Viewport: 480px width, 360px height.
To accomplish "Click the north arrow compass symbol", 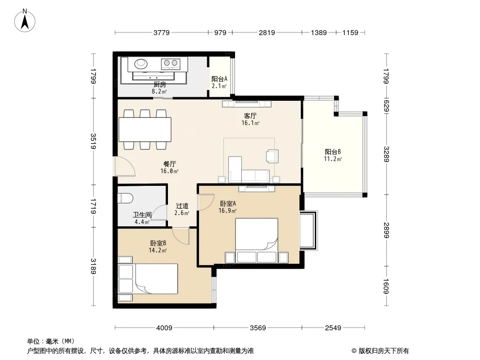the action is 25,21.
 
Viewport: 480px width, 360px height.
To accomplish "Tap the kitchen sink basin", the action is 141,63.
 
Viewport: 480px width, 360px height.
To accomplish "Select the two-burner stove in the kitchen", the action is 171,63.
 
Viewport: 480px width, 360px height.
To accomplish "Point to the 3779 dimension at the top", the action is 161,32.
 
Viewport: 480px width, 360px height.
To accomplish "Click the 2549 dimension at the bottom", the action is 333,328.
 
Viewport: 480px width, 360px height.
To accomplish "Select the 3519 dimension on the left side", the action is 93,141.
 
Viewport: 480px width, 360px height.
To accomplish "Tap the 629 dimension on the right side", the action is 386,106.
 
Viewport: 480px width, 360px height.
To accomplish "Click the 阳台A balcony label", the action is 219,79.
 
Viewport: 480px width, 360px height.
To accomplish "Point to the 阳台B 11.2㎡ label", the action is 333,155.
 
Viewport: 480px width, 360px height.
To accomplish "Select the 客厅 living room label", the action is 250,116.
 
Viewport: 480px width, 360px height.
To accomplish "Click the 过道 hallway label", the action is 182,206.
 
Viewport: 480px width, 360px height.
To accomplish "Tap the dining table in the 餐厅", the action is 145,130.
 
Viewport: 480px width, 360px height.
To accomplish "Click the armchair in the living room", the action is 272,156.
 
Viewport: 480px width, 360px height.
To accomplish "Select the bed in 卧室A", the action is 257,240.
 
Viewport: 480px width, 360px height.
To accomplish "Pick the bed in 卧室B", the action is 156,279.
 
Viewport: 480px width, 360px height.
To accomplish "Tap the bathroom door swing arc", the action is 159,212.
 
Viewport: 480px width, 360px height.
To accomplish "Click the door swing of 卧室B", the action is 181,236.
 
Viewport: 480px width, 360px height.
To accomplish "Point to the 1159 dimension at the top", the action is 350,32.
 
